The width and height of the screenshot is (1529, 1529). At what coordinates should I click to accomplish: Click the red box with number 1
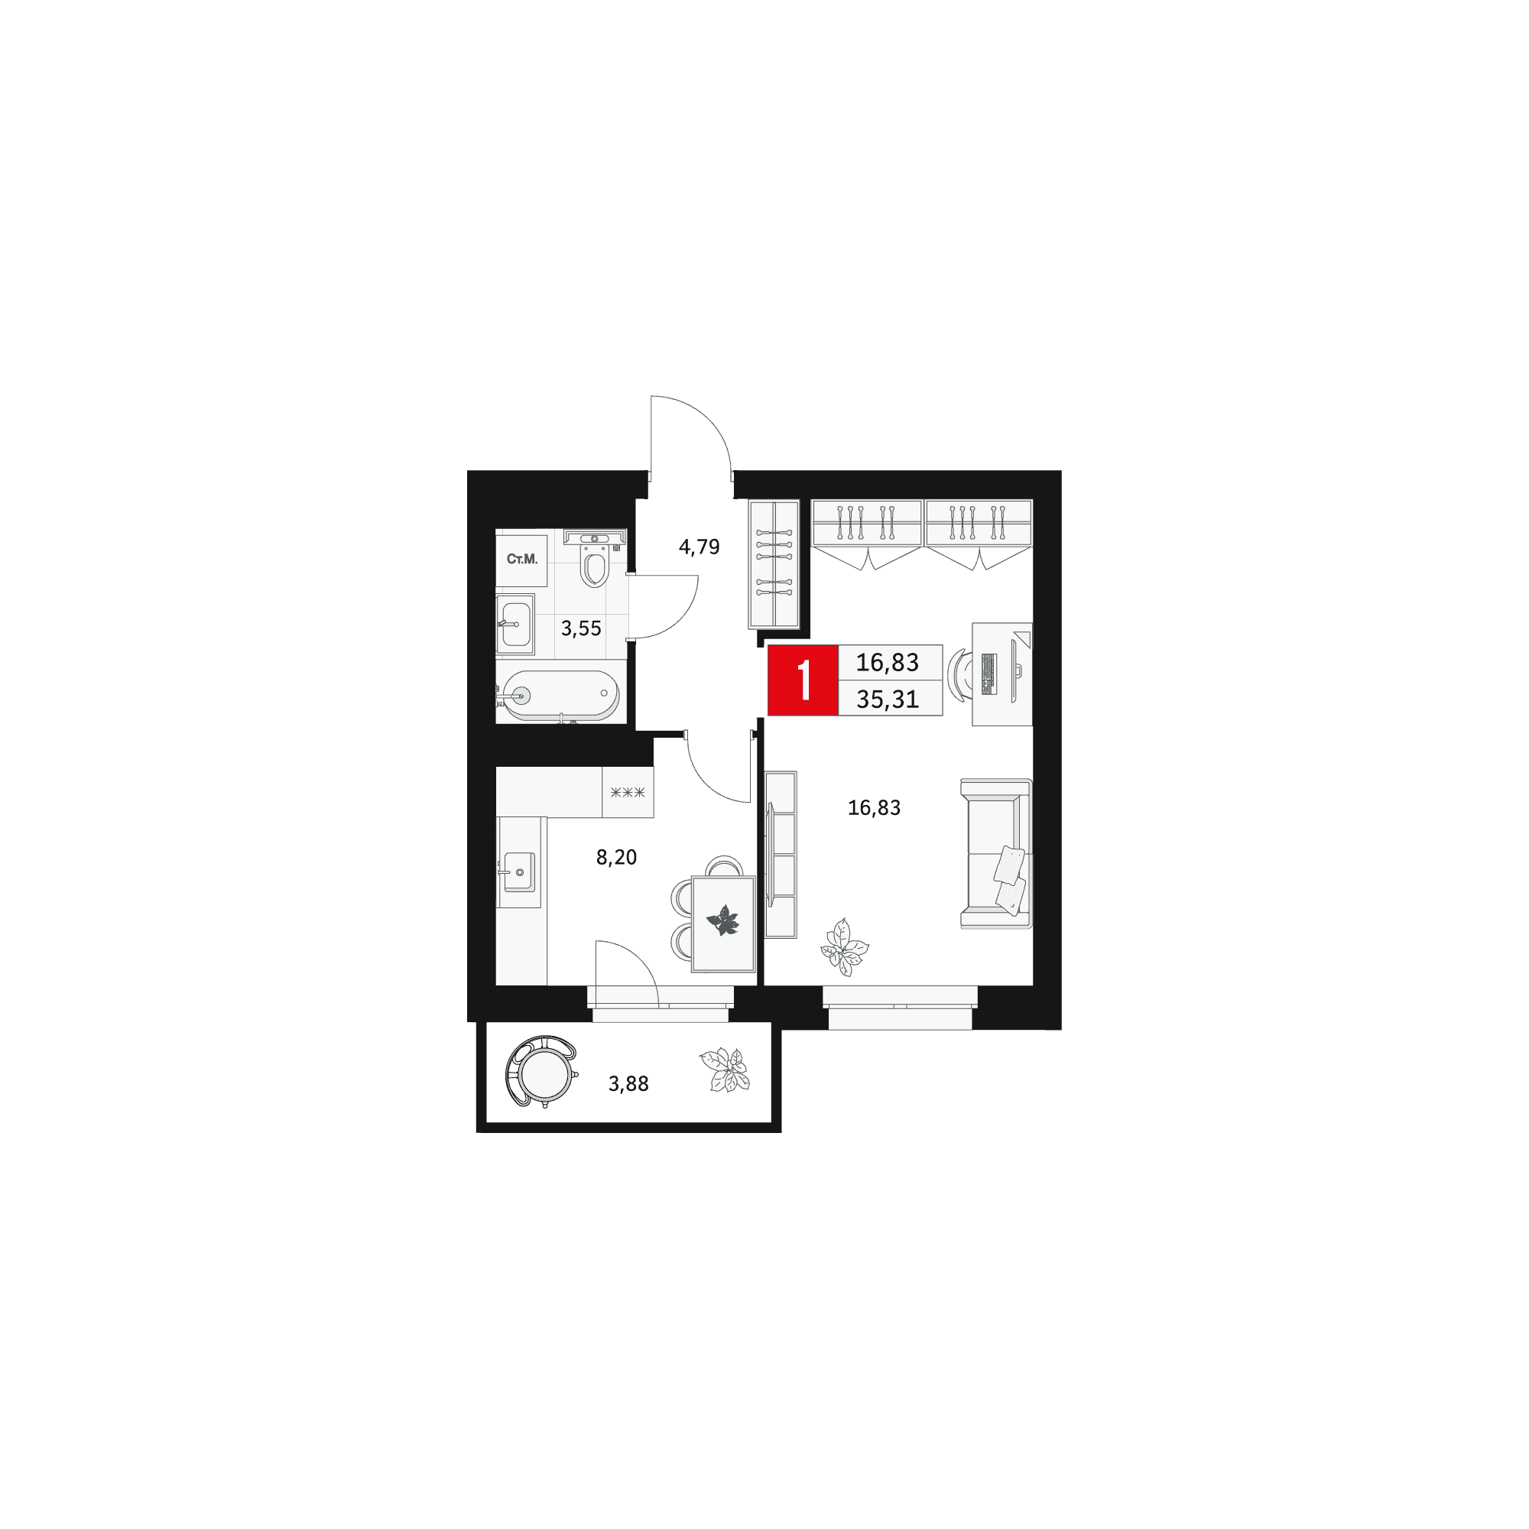(x=803, y=680)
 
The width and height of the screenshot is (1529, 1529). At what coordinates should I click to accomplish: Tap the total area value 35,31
(x=887, y=699)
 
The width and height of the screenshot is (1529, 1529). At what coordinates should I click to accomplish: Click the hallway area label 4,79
(x=699, y=546)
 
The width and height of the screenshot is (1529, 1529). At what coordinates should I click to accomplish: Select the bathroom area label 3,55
(x=581, y=628)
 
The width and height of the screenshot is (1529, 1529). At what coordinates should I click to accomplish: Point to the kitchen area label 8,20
(x=615, y=856)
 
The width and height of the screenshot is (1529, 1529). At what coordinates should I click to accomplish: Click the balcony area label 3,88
(x=628, y=1083)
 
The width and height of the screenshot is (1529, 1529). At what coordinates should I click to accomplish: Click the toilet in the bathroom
(x=594, y=559)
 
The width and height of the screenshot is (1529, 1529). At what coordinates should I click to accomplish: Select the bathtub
(x=560, y=696)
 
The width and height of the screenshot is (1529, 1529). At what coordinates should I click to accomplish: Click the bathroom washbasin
(x=515, y=625)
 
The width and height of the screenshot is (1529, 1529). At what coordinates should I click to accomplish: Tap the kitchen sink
(x=519, y=872)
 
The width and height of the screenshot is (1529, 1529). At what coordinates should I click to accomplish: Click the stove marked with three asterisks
(x=628, y=792)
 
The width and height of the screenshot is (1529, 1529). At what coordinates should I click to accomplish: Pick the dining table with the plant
(x=723, y=923)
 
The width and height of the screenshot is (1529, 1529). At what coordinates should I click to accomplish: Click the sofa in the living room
(x=996, y=854)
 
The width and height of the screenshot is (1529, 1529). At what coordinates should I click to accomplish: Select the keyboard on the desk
(x=988, y=674)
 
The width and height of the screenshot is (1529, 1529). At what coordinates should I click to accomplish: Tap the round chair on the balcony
(x=542, y=1073)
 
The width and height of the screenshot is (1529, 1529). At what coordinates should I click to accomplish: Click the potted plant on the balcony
(x=725, y=1070)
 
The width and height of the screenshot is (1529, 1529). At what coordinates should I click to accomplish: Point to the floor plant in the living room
(x=845, y=946)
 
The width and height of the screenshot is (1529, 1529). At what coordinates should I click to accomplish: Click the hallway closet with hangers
(x=774, y=564)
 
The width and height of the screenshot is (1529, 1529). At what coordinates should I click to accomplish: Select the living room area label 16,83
(x=874, y=807)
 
